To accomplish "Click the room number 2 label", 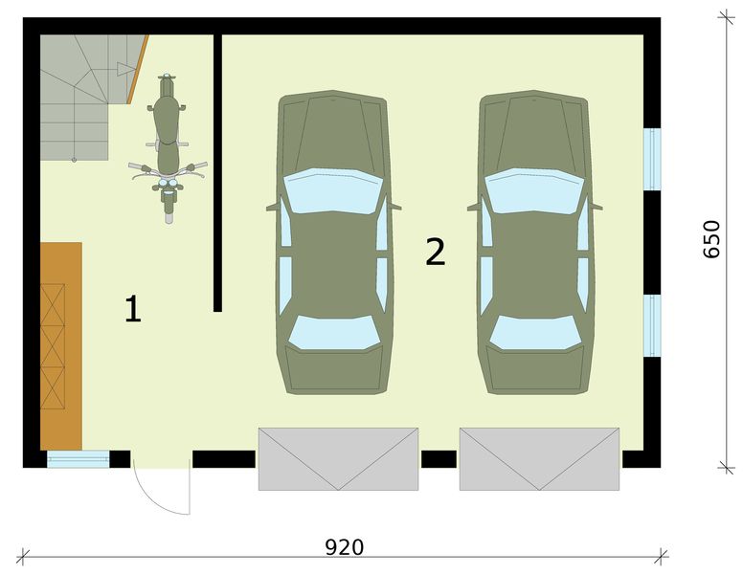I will point(436,252).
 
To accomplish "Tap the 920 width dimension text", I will point(345,547).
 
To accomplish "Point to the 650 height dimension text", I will point(711,239).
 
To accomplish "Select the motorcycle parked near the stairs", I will point(168,143).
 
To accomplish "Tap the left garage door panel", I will point(338,458).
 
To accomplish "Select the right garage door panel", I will point(539,458).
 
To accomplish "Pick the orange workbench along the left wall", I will point(61,344).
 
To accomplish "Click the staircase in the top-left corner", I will point(81,96).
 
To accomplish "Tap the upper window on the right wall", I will point(652,160).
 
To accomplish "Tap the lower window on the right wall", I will point(652,325).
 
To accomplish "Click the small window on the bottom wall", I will point(79,459).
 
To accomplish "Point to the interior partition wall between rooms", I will point(218,172).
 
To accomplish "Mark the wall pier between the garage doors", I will point(439,459).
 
